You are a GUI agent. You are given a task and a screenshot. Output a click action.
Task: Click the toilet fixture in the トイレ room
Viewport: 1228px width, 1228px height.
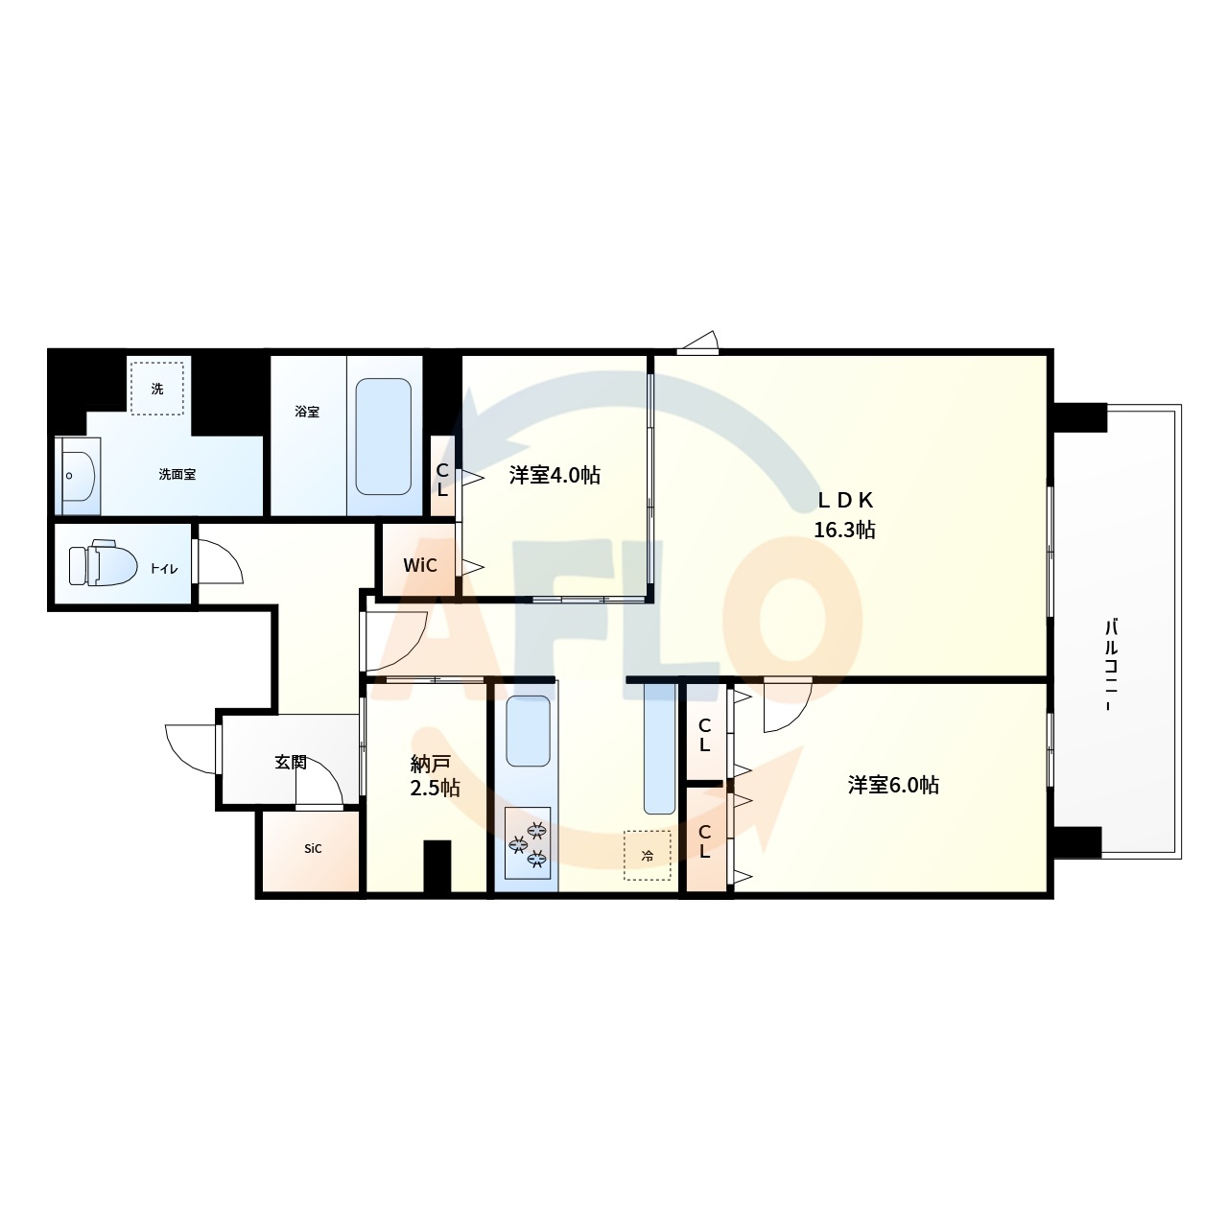click(104, 563)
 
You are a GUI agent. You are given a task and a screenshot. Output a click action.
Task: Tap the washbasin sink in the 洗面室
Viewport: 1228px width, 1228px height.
click(79, 476)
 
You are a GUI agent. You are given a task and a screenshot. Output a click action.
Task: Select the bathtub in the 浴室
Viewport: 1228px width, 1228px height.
click(383, 436)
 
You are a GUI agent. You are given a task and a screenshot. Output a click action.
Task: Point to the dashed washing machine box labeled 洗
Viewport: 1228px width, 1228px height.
click(156, 389)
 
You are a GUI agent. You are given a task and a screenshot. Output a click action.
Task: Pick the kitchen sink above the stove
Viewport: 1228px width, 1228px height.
click(528, 731)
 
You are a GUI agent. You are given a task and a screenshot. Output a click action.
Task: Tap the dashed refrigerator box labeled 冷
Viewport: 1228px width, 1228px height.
click(647, 856)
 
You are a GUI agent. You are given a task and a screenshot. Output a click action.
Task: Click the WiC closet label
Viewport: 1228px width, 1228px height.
click(420, 565)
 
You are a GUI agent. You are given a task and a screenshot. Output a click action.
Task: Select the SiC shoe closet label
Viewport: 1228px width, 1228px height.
click(313, 849)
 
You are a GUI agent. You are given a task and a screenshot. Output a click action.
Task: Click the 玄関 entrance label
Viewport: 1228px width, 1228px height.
click(291, 762)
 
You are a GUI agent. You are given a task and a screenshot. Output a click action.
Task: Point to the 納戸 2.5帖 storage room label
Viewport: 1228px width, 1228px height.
click(434, 776)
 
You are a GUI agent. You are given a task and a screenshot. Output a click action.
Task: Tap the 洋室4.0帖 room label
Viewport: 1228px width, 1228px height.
click(555, 476)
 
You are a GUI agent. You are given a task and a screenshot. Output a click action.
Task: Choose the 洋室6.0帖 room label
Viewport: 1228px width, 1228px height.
click(893, 785)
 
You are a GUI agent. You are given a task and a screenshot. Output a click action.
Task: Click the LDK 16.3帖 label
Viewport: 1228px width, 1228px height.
click(844, 515)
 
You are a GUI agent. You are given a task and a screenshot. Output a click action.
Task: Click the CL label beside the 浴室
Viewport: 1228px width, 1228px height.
click(442, 481)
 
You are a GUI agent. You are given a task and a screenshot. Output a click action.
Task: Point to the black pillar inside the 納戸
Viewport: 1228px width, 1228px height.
click(437, 866)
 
